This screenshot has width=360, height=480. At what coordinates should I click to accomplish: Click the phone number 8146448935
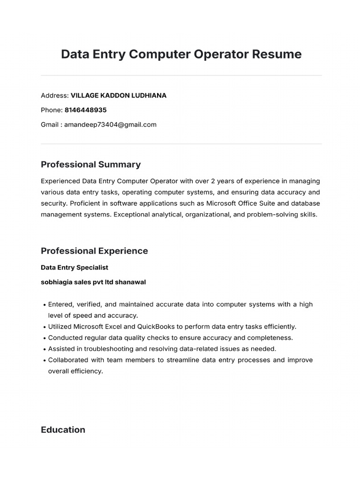[86, 110]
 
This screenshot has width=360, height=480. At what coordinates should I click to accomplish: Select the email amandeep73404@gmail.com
[110, 125]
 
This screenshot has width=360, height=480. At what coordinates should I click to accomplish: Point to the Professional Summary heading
[90, 165]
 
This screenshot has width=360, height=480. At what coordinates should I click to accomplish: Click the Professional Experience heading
[94, 251]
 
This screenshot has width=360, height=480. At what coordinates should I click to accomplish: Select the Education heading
[63, 430]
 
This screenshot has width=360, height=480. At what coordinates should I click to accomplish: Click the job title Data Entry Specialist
[75, 268]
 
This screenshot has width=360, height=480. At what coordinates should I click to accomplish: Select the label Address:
[55, 96]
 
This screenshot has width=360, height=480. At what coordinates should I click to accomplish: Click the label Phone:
[52, 110]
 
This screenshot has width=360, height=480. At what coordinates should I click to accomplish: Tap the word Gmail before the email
[50, 125]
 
